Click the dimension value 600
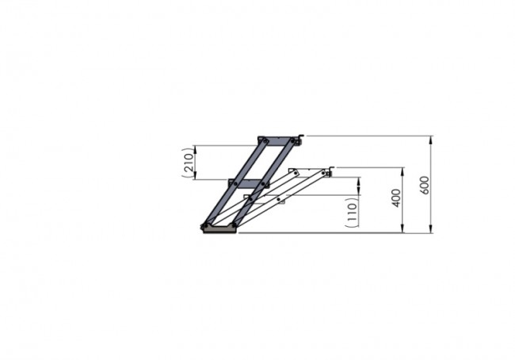point(425,185)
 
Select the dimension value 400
point(396,198)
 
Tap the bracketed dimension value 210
point(188,163)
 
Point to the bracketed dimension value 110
point(352,213)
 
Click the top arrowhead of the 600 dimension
point(431,140)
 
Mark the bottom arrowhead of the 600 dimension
point(431,229)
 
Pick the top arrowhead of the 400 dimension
point(403,171)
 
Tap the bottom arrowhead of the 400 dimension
point(403,229)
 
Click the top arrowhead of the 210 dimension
point(196,149)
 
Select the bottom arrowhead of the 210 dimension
point(196,175)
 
